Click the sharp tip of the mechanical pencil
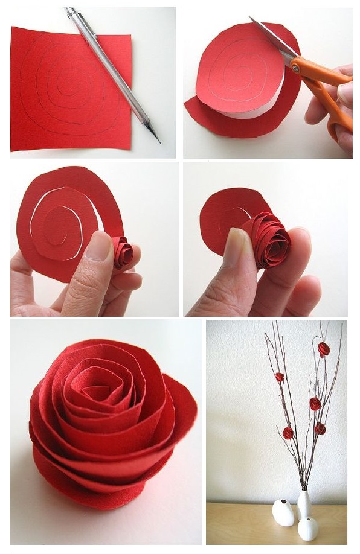click(x=159, y=142)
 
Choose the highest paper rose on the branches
click(x=324, y=349)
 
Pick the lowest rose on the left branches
click(x=288, y=433)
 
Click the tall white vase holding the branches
click(x=305, y=504)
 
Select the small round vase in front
click(x=308, y=529)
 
